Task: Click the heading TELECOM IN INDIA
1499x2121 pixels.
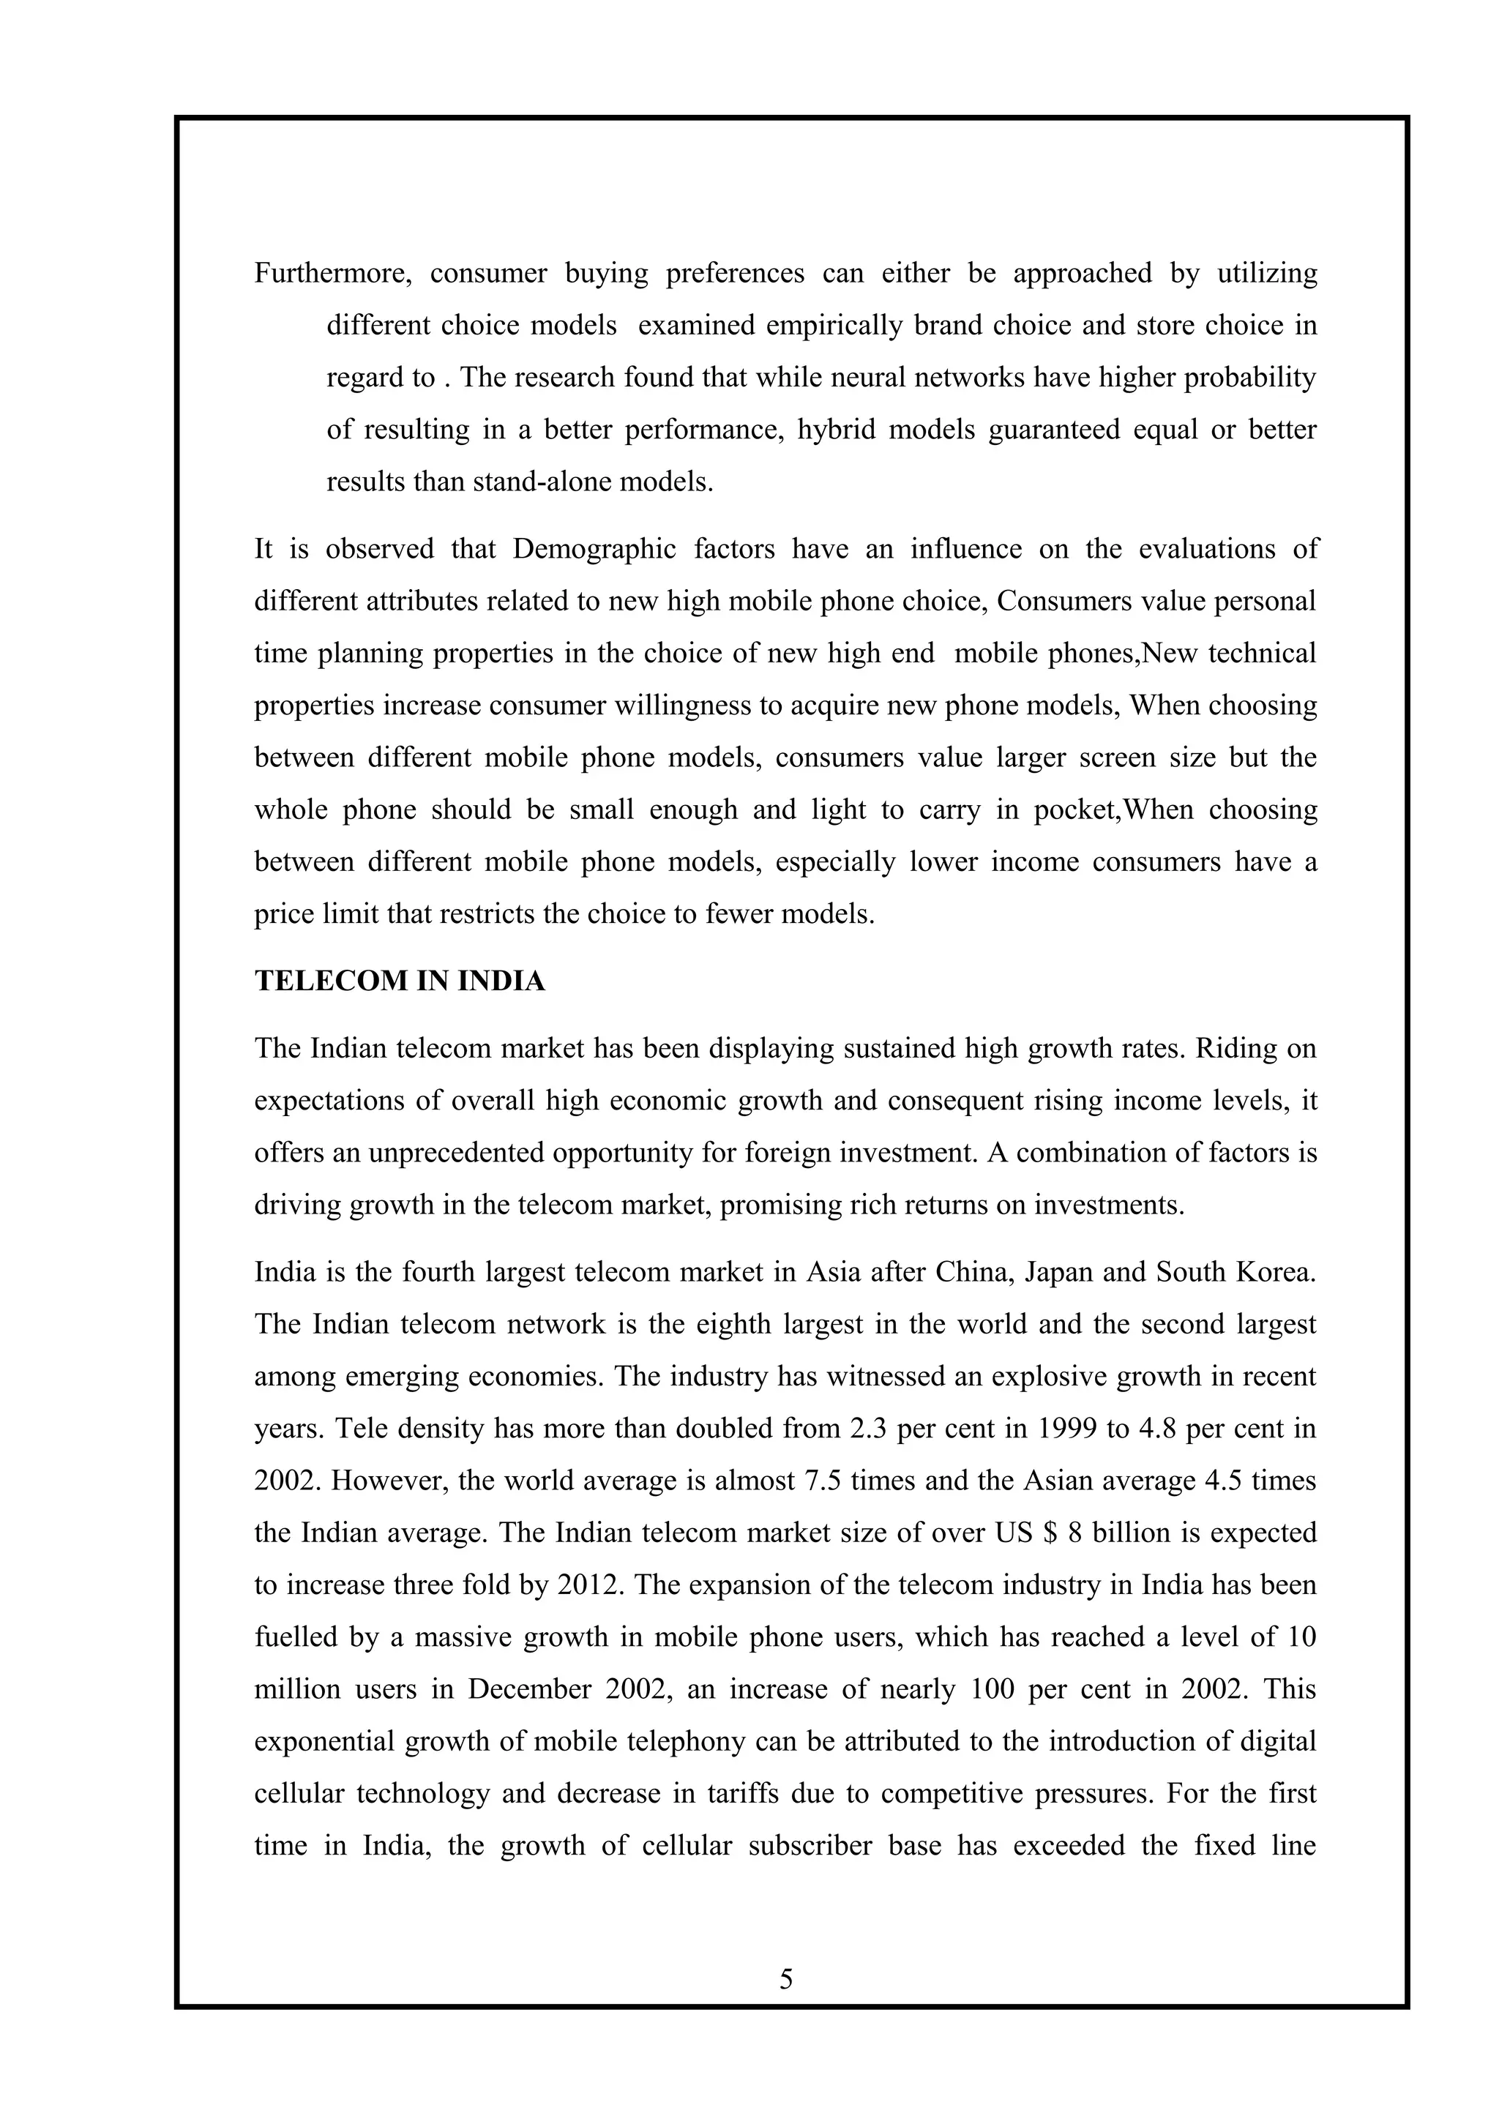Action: tap(399, 981)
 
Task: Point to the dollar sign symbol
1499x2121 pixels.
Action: tap(1048, 1533)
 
